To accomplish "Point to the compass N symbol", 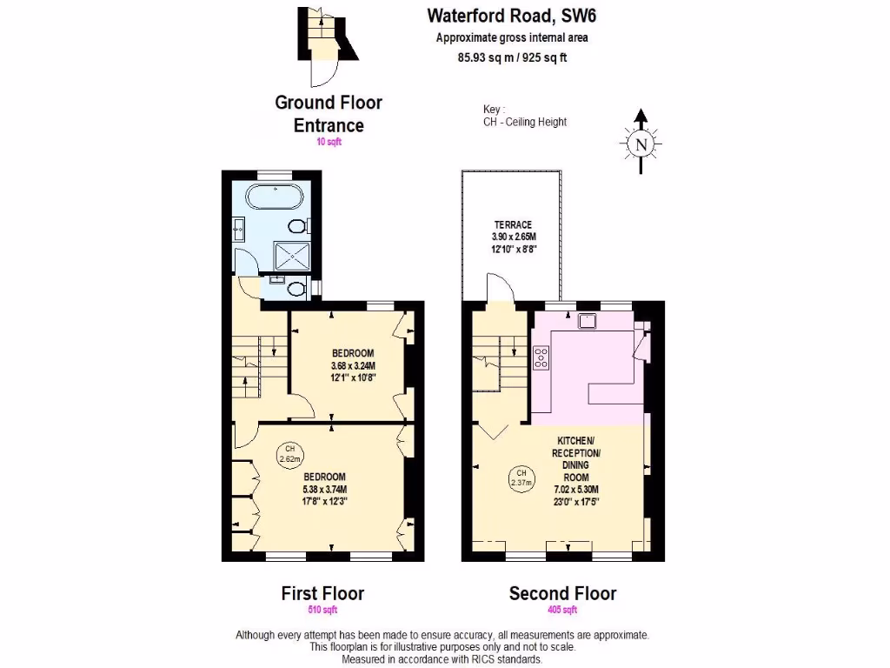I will point(641,144).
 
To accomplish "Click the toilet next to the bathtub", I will point(298,227).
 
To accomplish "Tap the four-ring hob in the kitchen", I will point(540,357).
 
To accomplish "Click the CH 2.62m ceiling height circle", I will point(289,454).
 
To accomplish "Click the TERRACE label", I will point(513,224).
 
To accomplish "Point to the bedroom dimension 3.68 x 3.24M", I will point(353,365).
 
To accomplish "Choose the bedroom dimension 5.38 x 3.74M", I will point(324,489).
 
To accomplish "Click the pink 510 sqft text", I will point(322,611).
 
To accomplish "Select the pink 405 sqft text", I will point(562,611).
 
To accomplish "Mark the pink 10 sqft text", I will point(329,142).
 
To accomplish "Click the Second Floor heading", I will point(562,593).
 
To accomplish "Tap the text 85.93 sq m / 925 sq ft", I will point(512,58).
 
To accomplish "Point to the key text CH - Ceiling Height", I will point(525,122).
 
